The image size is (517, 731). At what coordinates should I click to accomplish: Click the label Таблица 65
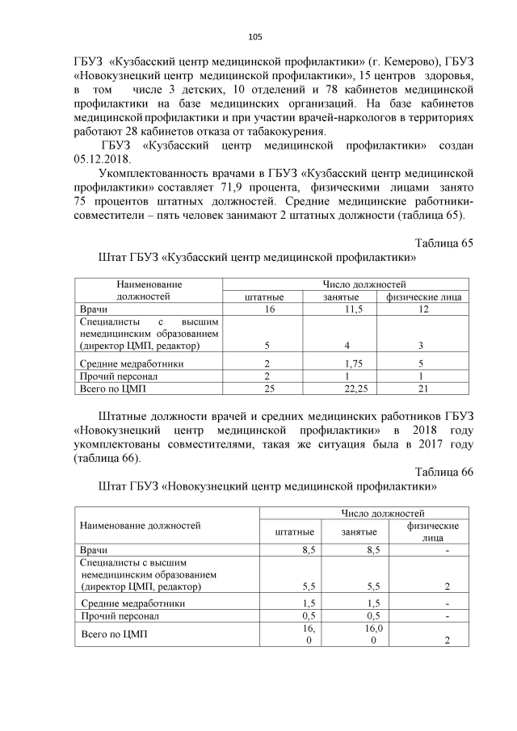tap(443, 243)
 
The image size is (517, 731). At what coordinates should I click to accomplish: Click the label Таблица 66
tap(443, 473)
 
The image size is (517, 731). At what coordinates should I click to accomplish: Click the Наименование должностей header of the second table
tap(140, 526)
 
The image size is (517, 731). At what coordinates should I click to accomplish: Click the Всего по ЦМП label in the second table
tap(115, 634)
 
